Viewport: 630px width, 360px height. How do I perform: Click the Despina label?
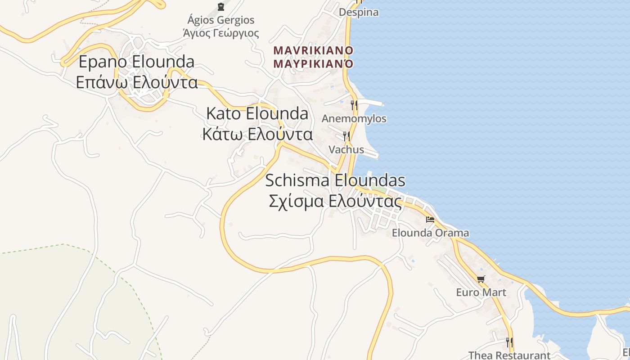click(358, 12)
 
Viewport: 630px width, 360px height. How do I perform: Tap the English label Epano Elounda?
click(137, 62)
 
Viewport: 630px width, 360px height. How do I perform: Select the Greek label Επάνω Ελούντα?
click(137, 82)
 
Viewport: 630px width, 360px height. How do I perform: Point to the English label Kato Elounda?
click(257, 114)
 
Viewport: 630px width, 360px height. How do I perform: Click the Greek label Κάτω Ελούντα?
click(257, 134)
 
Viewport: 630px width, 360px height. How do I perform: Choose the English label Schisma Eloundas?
click(335, 181)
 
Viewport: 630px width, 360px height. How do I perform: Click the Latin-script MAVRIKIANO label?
click(313, 50)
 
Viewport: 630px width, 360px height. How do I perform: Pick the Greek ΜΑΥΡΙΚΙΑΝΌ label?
click(313, 63)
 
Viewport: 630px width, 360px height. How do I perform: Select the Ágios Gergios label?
click(221, 20)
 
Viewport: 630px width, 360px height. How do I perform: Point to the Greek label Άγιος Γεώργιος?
click(221, 33)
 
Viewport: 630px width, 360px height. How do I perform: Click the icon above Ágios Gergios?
click(221, 6)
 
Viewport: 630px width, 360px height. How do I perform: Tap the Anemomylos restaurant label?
click(354, 119)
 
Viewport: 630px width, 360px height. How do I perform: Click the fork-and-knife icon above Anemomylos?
click(354, 105)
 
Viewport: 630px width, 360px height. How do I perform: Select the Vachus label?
click(346, 149)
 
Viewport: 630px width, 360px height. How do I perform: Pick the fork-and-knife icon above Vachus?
click(346, 135)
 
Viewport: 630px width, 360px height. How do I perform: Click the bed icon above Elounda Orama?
click(430, 220)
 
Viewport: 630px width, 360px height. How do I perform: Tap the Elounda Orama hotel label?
click(430, 233)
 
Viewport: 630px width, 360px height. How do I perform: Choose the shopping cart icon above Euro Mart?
click(481, 279)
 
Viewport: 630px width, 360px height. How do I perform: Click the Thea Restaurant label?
click(509, 355)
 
